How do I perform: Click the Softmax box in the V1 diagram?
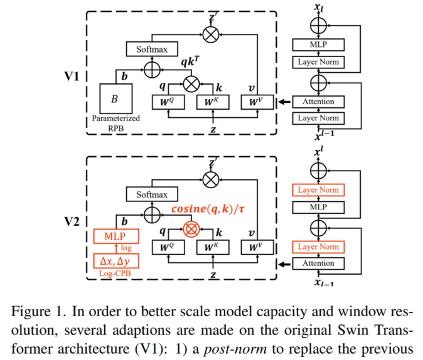[149, 48]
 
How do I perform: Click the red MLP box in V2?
[114, 236]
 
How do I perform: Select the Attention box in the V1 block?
[318, 101]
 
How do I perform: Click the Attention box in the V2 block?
[318, 263]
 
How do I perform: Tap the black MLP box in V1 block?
[318, 44]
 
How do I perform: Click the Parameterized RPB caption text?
[115, 124]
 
